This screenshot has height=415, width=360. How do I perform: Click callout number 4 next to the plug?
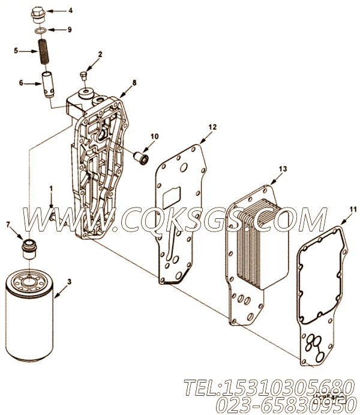click(x=70, y=10)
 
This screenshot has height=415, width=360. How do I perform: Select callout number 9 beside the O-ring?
click(x=70, y=29)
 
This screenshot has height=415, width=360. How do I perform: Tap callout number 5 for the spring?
click(x=16, y=52)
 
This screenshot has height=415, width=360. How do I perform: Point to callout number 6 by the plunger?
click(x=22, y=83)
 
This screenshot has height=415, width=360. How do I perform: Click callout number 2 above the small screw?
click(x=100, y=54)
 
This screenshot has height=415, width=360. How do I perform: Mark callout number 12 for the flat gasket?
click(x=212, y=127)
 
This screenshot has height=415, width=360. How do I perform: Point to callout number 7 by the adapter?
click(x=8, y=224)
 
